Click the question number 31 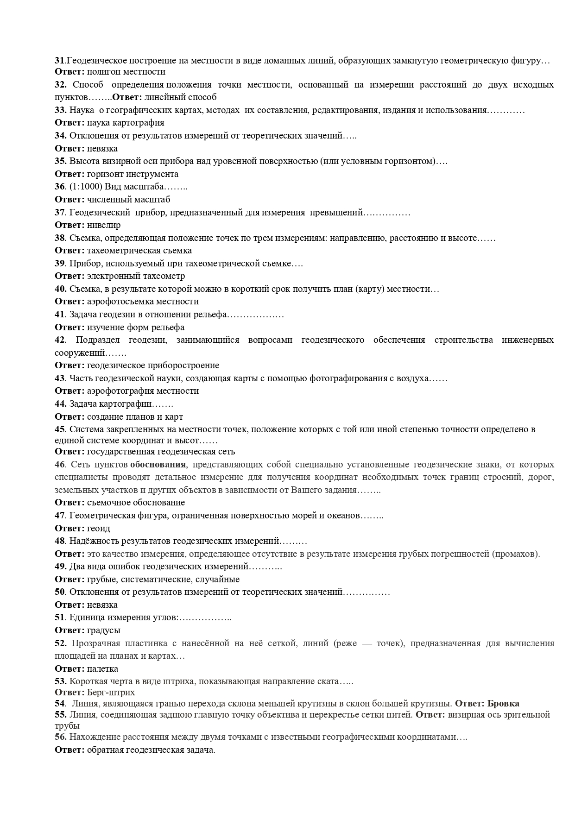(60, 61)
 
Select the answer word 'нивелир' (104, 225)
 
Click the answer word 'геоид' (98, 528)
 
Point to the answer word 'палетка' (102, 668)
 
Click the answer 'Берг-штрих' (111, 692)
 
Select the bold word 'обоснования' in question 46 (158, 465)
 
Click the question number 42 (60, 340)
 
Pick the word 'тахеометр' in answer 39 (165, 276)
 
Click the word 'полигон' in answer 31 (101, 72)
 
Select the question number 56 (60, 737)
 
